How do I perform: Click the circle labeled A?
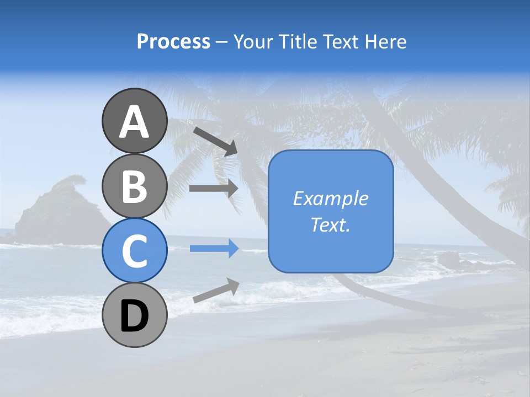(x=134, y=121)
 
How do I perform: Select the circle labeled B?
(x=134, y=186)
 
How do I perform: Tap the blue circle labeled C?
(x=134, y=250)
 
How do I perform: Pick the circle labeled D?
(x=134, y=315)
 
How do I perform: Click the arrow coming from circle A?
(x=215, y=141)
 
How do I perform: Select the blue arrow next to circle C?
(x=214, y=249)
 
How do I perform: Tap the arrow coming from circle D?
(x=215, y=291)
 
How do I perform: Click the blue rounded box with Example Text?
(x=331, y=211)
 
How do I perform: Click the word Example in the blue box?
(x=331, y=198)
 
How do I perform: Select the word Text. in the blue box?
(x=331, y=224)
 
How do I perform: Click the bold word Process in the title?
(x=173, y=41)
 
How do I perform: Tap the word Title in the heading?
(x=299, y=41)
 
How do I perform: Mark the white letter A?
(x=134, y=122)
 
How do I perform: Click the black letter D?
(x=134, y=316)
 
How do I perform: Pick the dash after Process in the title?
(x=221, y=42)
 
